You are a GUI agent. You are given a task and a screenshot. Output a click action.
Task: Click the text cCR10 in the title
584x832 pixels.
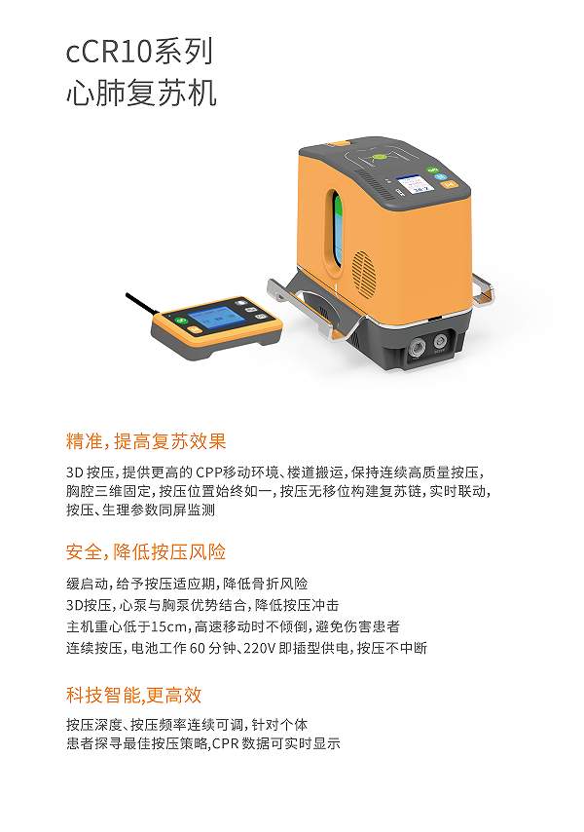click(110, 52)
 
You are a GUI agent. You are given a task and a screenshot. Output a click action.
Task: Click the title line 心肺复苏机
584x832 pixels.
click(141, 93)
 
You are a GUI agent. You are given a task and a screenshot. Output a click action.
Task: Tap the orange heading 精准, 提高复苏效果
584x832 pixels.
click(146, 441)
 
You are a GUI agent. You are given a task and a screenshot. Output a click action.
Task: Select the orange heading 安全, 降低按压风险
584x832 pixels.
click(146, 551)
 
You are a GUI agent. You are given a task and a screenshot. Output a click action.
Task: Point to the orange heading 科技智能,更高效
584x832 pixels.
click(134, 695)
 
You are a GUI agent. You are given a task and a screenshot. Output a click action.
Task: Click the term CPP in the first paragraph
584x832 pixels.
click(209, 473)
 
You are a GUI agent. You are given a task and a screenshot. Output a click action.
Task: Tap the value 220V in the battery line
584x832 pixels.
click(259, 648)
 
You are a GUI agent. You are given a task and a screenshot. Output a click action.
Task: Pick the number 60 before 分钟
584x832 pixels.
click(198, 648)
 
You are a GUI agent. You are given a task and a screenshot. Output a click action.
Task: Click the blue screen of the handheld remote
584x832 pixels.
click(217, 317)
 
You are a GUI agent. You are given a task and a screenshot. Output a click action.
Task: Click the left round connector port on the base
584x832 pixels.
click(416, 349)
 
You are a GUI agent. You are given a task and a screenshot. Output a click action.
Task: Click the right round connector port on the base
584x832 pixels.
click(440, 341)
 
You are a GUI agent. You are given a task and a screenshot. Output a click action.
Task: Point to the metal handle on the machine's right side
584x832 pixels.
click(483, 289)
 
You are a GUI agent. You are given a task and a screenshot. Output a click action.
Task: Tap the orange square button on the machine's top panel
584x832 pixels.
click(451, 184)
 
